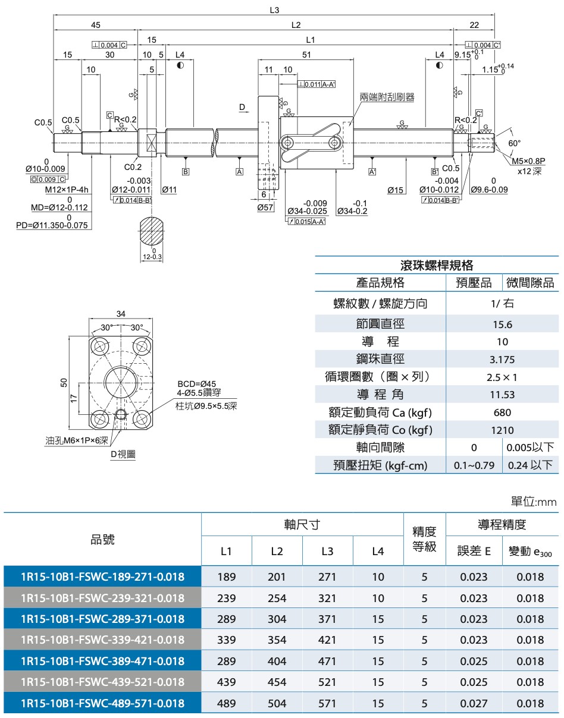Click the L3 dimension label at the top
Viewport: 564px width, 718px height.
[274, 10]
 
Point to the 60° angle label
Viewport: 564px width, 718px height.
[515, 143]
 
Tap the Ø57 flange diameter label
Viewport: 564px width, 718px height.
[265, 207]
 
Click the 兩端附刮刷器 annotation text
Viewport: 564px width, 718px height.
[387, 96]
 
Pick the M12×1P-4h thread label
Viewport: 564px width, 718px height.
[67, 190]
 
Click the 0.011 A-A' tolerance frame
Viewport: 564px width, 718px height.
[317, 84]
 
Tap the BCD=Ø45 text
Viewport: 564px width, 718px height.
[196, 384]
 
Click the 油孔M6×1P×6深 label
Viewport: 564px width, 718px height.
[77, 440]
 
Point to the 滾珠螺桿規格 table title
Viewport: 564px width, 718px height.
[437, 265]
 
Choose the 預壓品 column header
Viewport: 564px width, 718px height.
[474, 283]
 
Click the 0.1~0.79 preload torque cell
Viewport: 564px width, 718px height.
[474, 465]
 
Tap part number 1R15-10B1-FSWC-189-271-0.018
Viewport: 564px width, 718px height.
[102, 577]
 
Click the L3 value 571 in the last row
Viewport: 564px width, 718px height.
[327, 703]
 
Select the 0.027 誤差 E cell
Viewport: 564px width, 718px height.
[474, 703]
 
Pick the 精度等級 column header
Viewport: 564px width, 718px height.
[424, 538]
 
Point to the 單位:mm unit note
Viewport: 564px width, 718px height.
[534, 502]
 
